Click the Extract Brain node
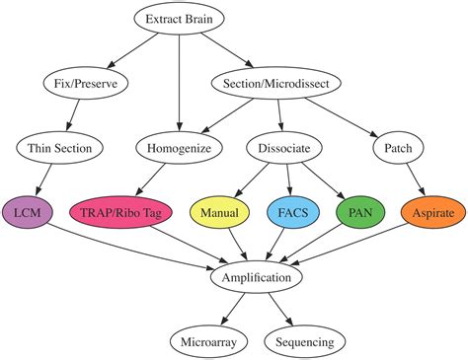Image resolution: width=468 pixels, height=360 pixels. pos(178,19)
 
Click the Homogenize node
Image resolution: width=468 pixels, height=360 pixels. pos(178,148)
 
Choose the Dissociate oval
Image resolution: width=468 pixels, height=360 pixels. pos(283,148)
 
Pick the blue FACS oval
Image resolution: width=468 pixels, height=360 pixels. pos(293,213)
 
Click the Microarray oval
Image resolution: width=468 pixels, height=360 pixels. pos(208,342)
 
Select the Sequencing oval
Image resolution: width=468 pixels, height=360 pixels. pos(305,342)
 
